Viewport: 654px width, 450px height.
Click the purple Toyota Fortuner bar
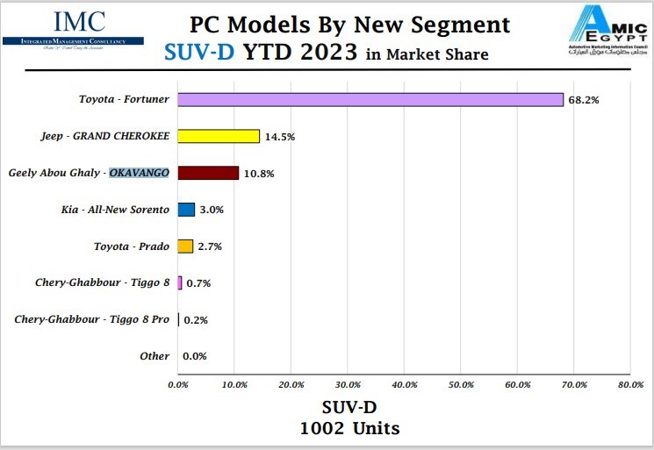click(370, 99)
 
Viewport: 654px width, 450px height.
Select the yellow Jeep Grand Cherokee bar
click(219, 136)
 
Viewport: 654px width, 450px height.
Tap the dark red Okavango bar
click(208, 173)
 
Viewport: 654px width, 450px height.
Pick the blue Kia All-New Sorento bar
click(186, 210)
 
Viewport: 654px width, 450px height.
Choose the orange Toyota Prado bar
click(185, 246)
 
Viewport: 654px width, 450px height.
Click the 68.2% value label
click(583, 100)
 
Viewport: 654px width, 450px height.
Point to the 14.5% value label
click(280, 137)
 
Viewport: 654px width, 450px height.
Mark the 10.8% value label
click(259, 174)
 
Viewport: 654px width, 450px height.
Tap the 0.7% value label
click(198, 283)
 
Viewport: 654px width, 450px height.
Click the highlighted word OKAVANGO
click(139, 173)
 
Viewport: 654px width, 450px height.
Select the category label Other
click(155, 356)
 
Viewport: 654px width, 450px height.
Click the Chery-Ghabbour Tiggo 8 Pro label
click(92, 319)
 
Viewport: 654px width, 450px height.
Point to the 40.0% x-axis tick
click(404, 384)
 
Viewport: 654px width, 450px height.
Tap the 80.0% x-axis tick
click(629, 384)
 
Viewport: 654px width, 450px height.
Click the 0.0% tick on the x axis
click(178, 384)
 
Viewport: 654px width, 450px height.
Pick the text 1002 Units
click(349, 429)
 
